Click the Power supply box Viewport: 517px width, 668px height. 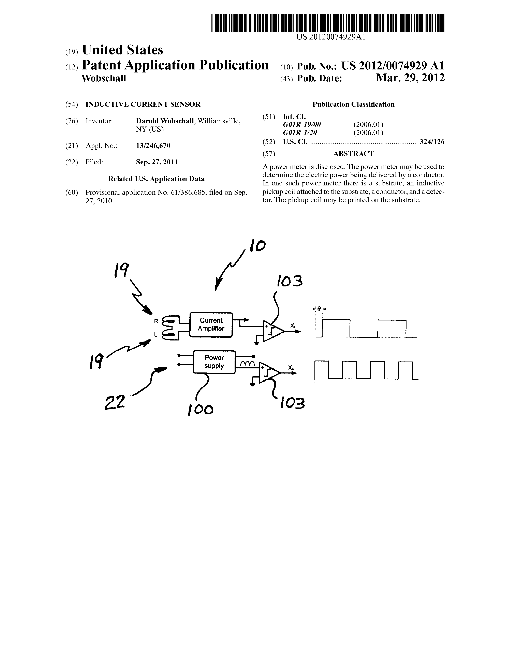[x=214, y=362]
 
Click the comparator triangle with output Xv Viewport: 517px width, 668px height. [x=269, y=372]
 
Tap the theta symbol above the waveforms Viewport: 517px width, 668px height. [x=319, y=309]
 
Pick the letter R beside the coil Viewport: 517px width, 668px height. [x=156, y=321]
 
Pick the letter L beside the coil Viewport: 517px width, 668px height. [x=156, y=335]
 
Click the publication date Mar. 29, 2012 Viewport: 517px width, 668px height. [x=410, y=78]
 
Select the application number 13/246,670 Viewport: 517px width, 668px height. [x=153, y=146]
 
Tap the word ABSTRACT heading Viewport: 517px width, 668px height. [x=353, y=154]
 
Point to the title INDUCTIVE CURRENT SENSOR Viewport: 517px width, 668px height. [x=143, y=104]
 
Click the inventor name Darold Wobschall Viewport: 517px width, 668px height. [x=165, y=121]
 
